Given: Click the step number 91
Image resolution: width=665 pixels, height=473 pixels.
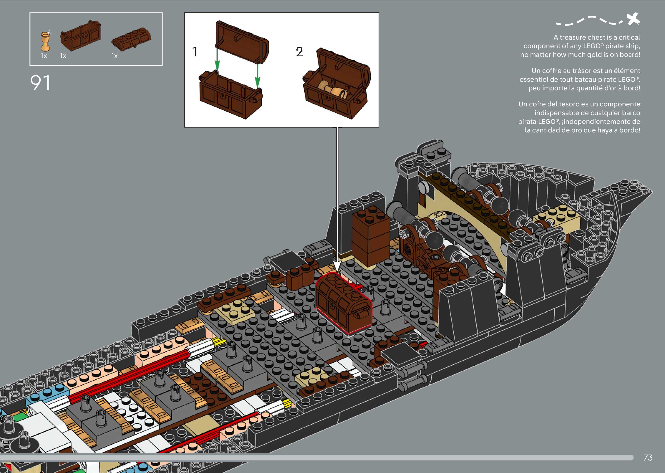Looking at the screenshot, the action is point(40,83).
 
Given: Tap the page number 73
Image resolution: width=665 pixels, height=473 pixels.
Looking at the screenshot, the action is point(648,458).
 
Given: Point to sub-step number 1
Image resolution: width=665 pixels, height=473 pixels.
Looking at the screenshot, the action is point(195,52).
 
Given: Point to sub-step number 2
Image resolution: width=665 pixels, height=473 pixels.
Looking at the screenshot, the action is point(299,52).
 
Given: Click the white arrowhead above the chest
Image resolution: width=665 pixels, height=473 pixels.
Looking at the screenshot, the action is point(337,267).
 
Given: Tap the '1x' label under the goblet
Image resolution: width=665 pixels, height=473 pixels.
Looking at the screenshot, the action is point(44,56).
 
